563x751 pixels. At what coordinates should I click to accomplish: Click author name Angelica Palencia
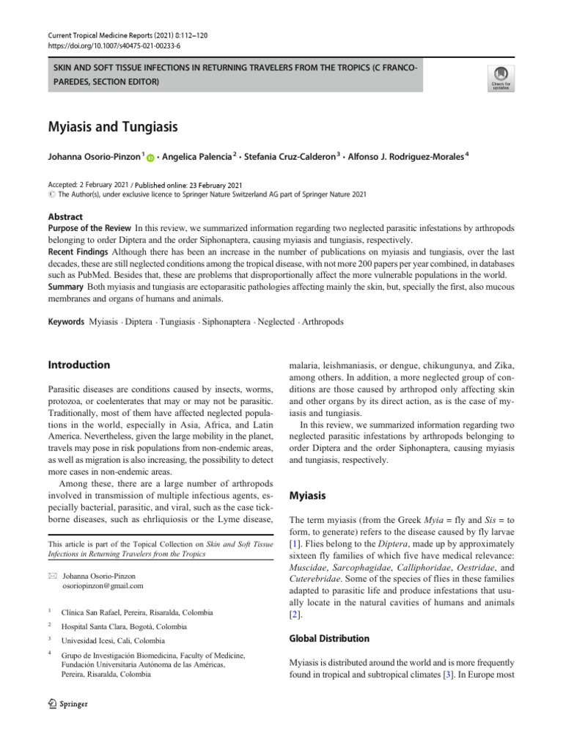pos(199,155)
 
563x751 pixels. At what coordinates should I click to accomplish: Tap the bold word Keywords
pos(66,322)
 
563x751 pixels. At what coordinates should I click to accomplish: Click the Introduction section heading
pos(78,364)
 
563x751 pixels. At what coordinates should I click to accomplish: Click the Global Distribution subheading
pos(329,638)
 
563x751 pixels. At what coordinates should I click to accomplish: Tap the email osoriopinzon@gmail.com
pos(103,586)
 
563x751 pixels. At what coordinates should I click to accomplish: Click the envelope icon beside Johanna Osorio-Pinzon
pos(51,576)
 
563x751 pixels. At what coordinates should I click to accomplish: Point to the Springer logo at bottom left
pos(67,704)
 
